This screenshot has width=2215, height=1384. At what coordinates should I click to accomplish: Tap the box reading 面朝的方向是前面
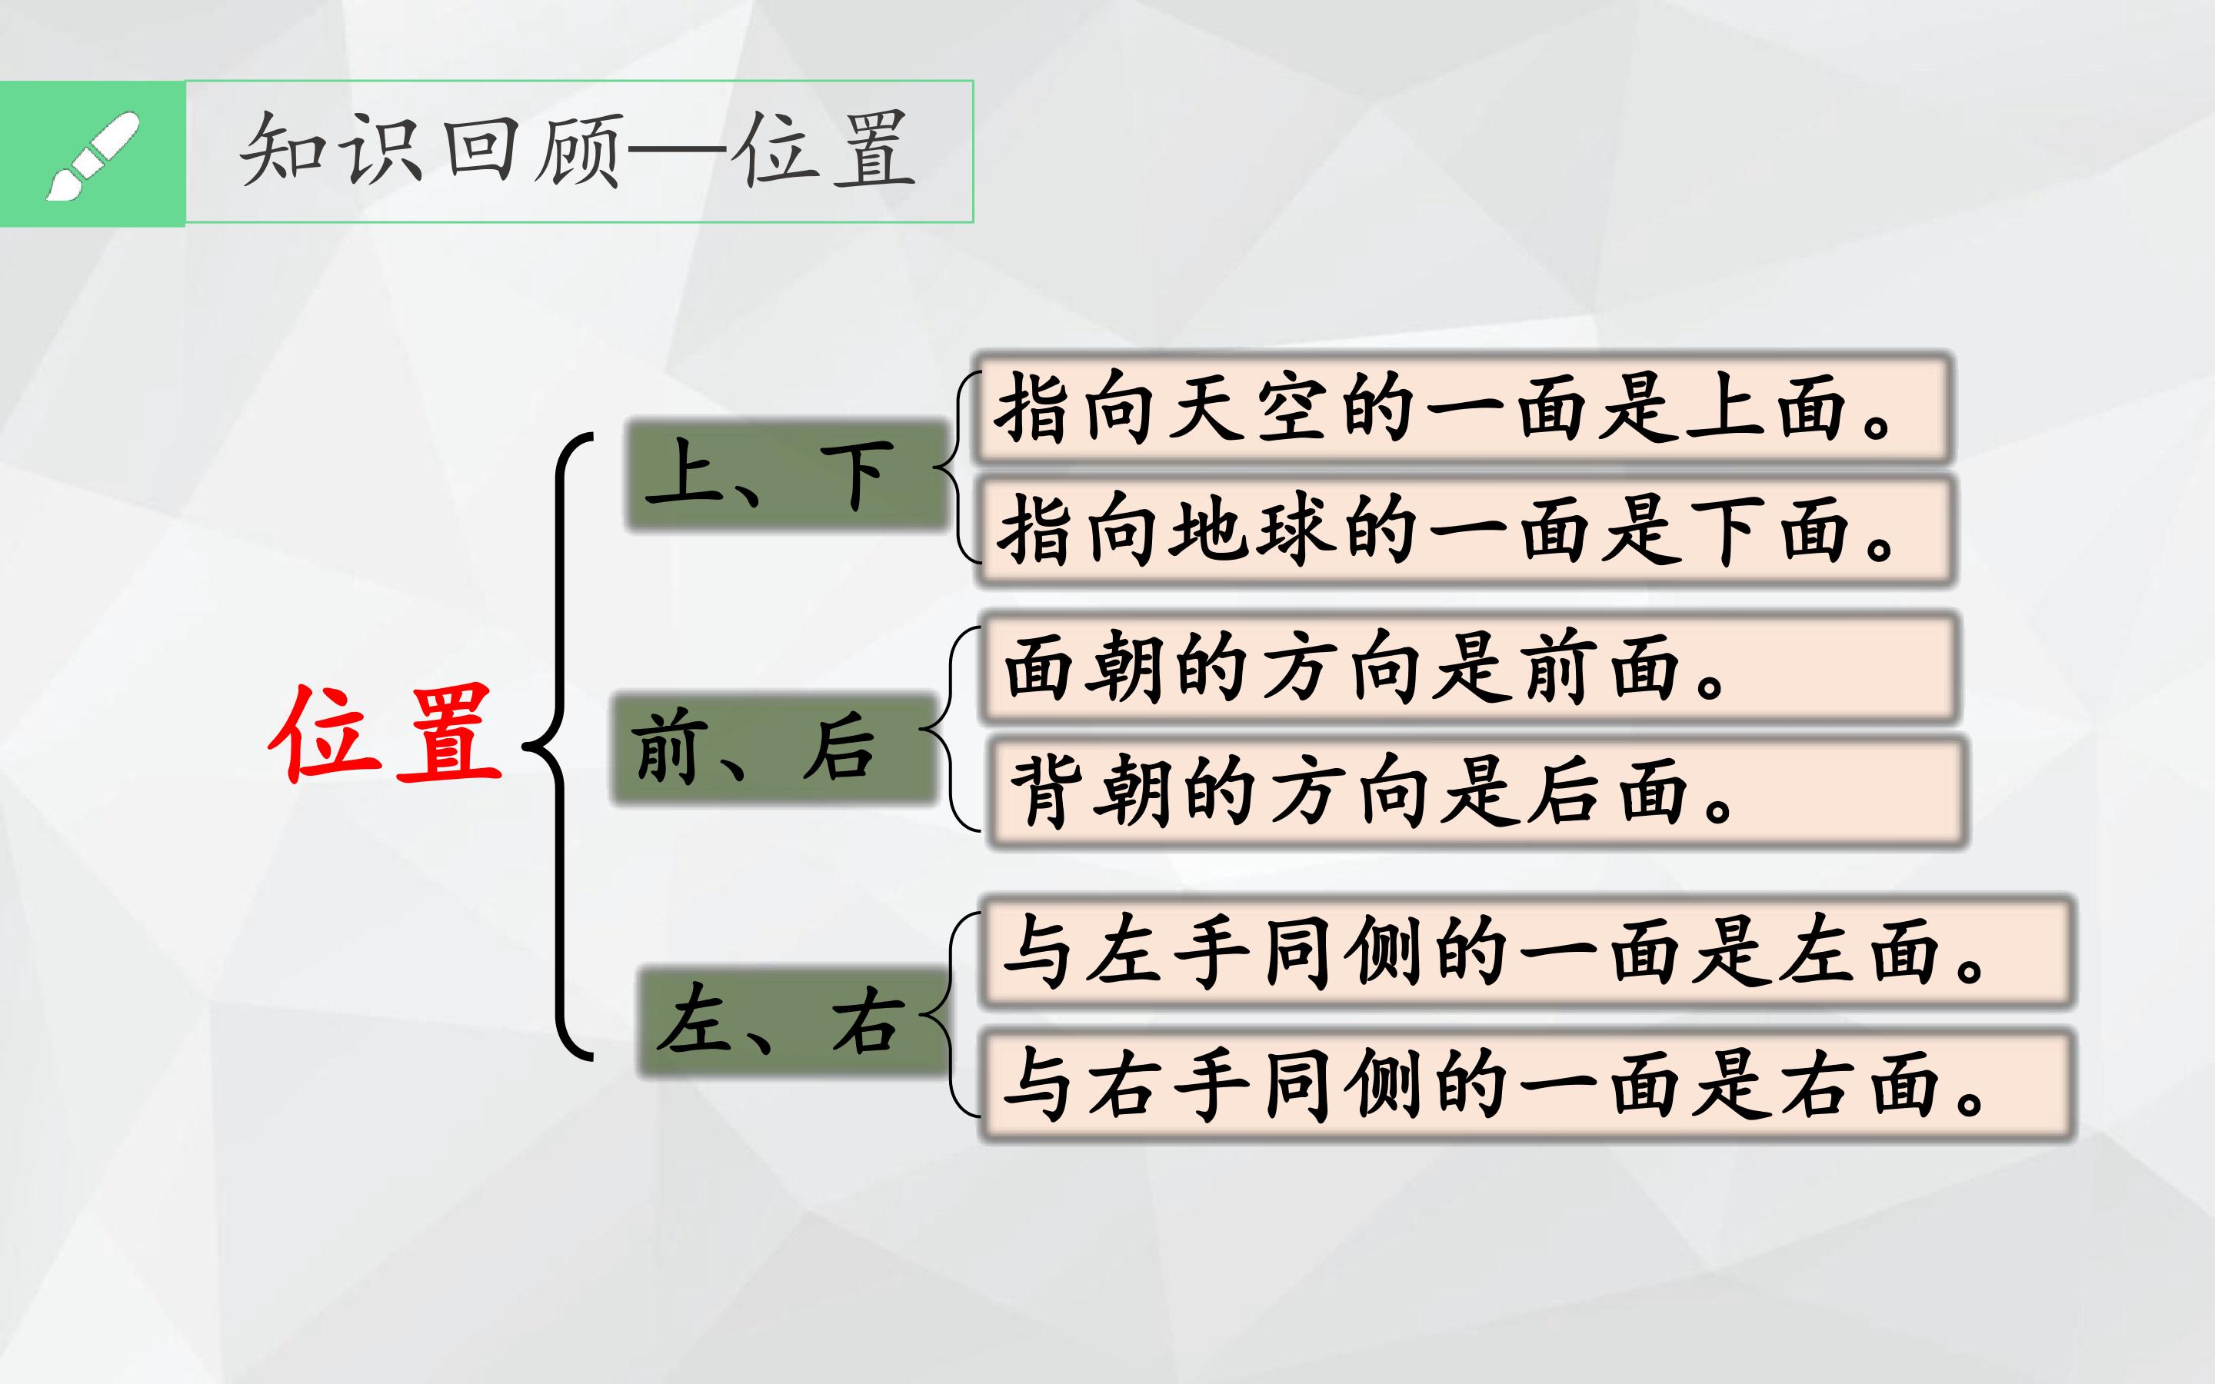coord(1469,668)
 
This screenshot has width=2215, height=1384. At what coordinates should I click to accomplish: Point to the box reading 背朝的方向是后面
coord(1477,793)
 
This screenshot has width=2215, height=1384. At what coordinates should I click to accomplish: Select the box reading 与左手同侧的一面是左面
coord(1527,952)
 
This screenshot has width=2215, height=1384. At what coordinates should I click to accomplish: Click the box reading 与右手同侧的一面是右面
coord(1527,1086)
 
